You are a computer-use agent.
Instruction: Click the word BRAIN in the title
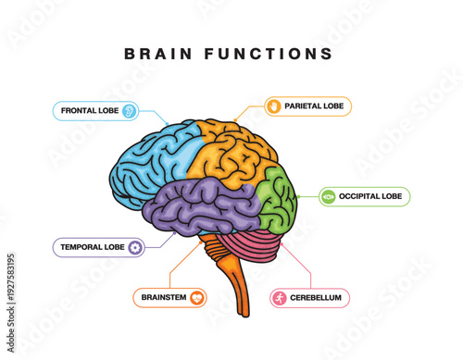pyautogui.click(x=158, y=54)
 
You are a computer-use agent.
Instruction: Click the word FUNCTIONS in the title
pyautogui.click(x=271, y=54)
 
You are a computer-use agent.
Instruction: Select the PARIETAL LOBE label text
pyautogui.click(x=314, y=106)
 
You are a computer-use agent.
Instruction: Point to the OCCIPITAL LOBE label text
pyautogui.click(x=370, y=196)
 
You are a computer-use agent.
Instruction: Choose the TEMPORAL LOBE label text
pyautogui.click(x=92, y=247)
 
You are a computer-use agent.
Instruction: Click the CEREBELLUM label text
pyautogui.click(x=315, y=298)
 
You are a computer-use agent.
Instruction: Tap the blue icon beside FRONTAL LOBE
pyautogui.click(x=129, y=111)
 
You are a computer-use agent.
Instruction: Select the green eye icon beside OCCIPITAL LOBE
pyautogui.click(x=329, y=196)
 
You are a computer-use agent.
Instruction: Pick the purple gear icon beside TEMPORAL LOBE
pyautogui.click(x=135, y=247)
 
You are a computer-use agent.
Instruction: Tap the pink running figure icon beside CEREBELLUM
pyautogui.click(x=279, y=298)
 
